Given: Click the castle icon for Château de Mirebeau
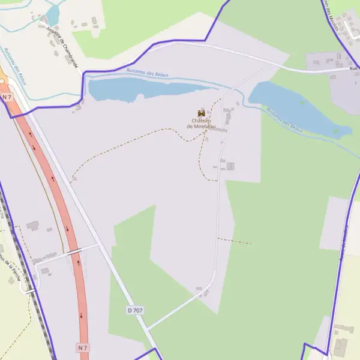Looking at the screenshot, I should pyautogui.click(x=202, y=113).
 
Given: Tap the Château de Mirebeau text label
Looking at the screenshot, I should pyautogui.click(x=202, y=124).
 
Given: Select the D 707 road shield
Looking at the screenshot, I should pyautogui.click(x=134, y=310).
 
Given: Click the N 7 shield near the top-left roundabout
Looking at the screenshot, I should pyautogui.click(x=7, y=97).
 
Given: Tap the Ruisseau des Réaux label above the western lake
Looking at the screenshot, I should pyautogui.click(x=148, y=73).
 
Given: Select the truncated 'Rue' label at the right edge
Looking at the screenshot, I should pyautogui.click(x=353, y=68).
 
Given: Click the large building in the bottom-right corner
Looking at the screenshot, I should pyautogui.click(x=340, y=347).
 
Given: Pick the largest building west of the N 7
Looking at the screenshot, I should pyautogui.click(x=32, y=226).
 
